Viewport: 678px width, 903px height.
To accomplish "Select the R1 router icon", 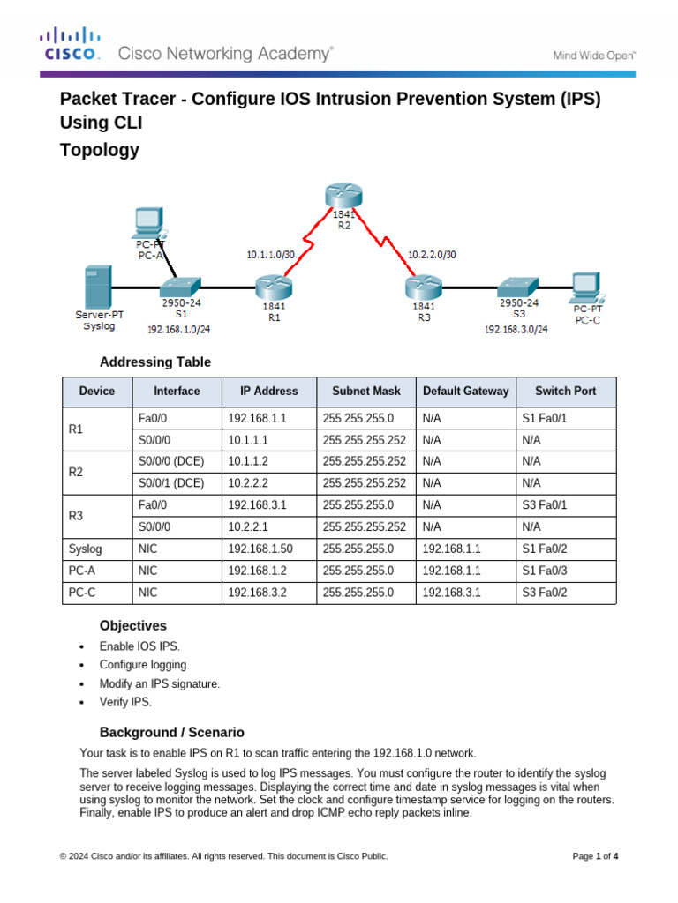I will [273, 287].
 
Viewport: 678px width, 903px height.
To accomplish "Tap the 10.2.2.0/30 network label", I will [433, 255].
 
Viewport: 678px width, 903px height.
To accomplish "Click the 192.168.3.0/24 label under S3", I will [516, 329].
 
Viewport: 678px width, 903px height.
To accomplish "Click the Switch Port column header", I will [565, 392].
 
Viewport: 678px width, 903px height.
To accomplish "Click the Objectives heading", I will [132, 625].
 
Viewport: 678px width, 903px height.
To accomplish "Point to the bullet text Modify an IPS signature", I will [159, 683].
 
